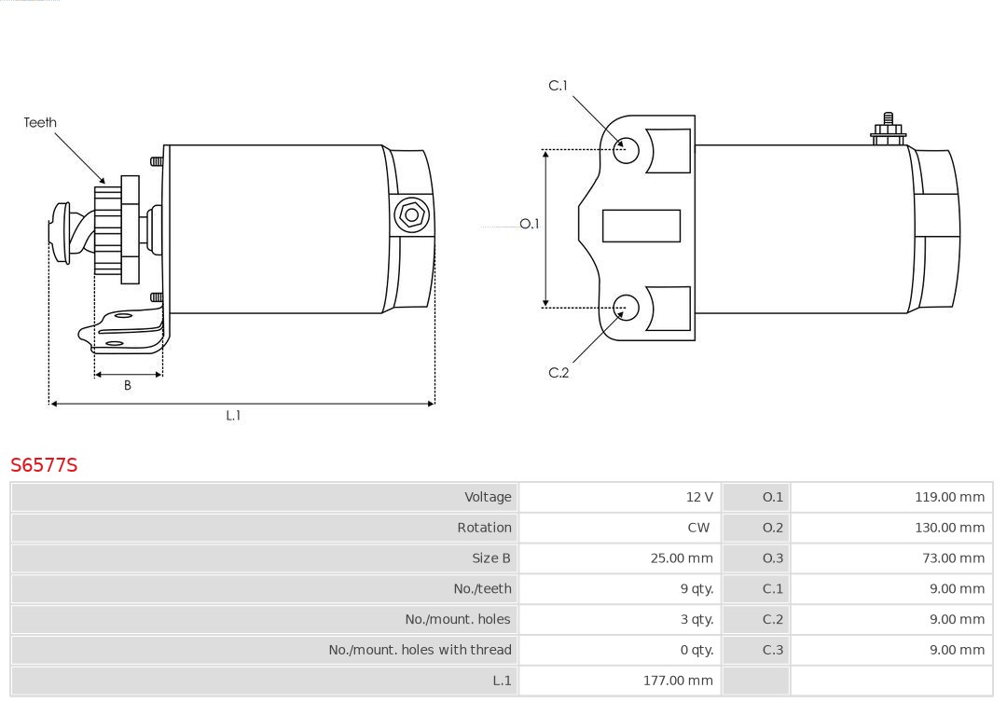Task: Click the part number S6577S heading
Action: coord(44,465)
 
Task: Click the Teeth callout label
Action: coord(40,123)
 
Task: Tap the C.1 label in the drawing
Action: coord(558,86)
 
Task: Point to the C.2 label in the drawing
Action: coord(558,373)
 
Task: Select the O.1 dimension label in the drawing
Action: coord(530,225)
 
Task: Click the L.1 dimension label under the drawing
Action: coord(233,416)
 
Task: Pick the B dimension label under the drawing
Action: coord(128,385)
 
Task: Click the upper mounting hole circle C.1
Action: coord(627,149)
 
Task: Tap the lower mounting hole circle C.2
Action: coord(627,307)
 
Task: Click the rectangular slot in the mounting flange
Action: coord(641,226)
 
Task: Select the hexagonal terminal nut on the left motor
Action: coord(411,215)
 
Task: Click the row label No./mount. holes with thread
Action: coord(420,650)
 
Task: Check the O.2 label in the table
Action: coord(773,528)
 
